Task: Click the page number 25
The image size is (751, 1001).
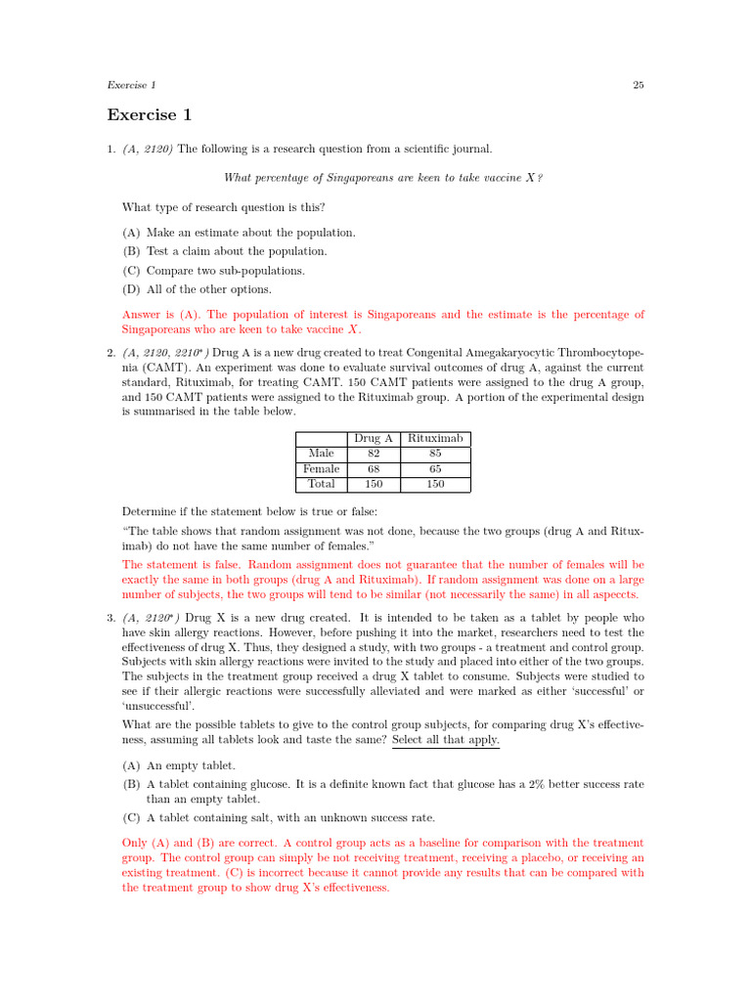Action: (x=638, y=85)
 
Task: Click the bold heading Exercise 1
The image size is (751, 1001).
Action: (x=150, y=115)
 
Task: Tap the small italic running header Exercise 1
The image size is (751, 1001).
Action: (x=131, y=85)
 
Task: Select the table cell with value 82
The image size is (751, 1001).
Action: (x=375, y=454)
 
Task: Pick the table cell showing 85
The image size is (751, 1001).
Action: (x=435, y=454)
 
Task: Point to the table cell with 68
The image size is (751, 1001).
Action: (x=375, y=469)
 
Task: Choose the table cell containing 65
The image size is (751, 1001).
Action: (x=435, y=469)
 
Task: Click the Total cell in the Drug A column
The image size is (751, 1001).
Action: (x=375, y=484)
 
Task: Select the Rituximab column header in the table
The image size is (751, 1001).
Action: (x=435, y=439)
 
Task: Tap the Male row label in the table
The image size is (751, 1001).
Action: (x=321, y=454)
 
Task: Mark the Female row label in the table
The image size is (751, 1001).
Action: (x=321, y=469)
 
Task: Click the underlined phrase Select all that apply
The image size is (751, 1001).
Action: (x=445, y=740)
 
